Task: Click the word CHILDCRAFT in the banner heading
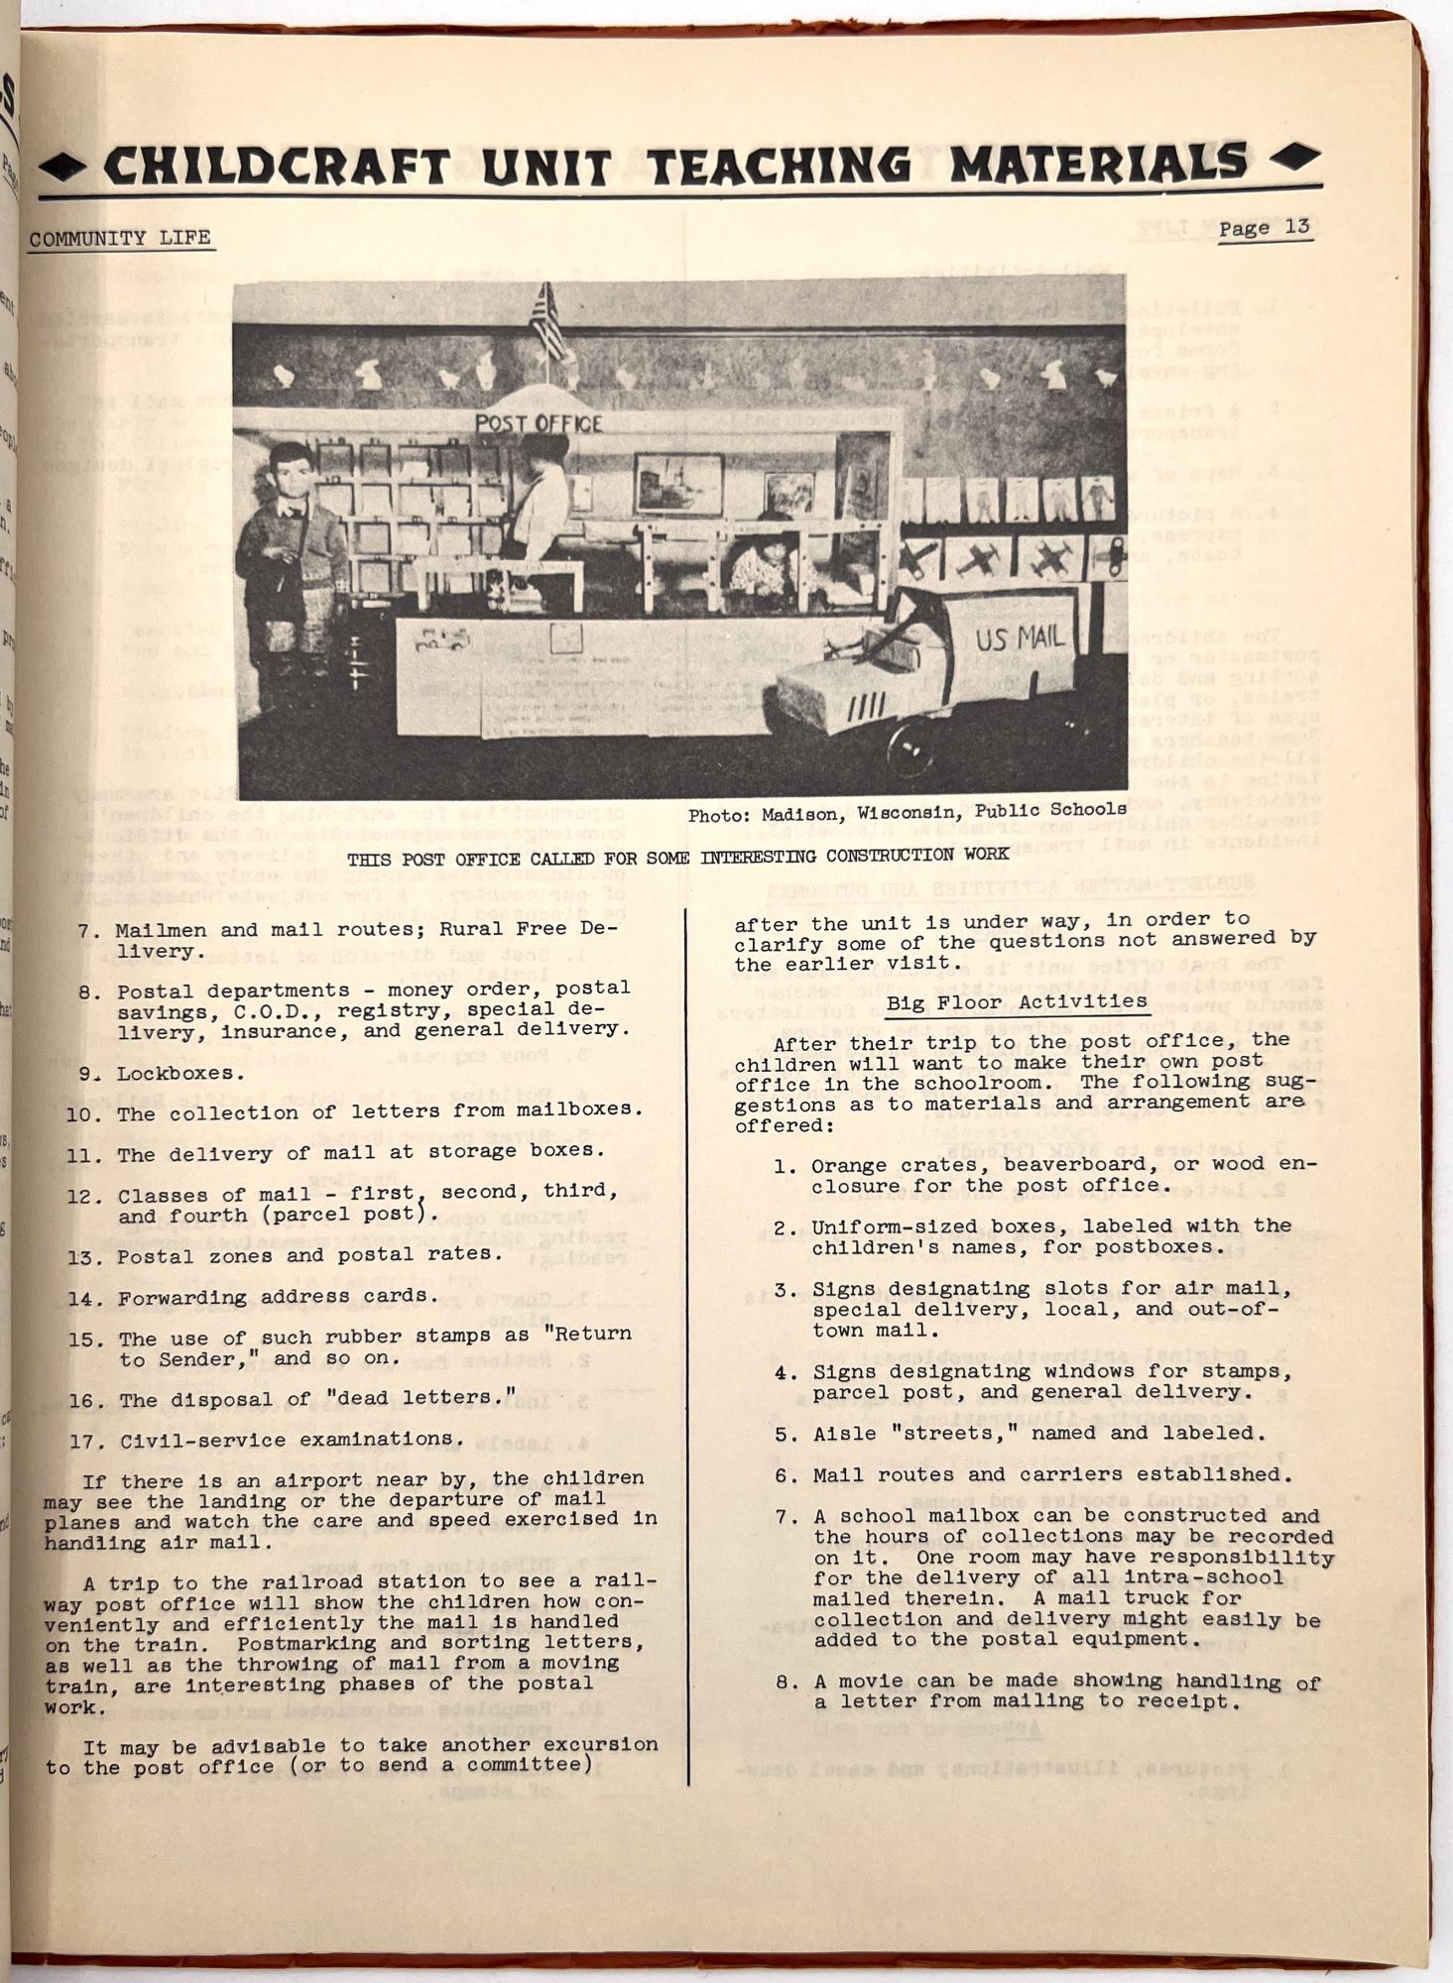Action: tap(277, 166)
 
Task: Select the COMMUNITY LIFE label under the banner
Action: tap(120, 238)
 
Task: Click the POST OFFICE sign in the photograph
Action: tap(539, 423)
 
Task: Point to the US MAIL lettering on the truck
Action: tap(1019, 638)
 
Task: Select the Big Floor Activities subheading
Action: tap(1017, 1002)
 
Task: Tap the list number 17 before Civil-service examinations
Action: tap(87, 1441)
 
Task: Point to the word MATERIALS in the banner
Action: tap(1098, 164)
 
